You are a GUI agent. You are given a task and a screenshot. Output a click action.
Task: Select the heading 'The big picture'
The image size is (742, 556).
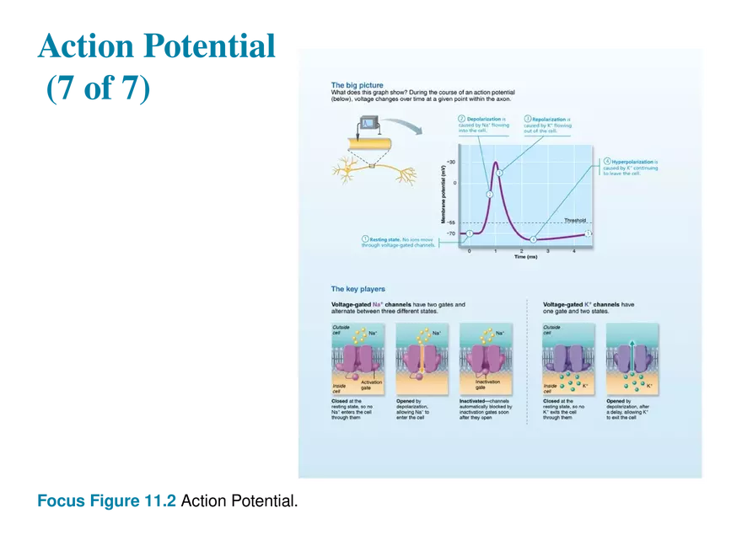[x=357, y=85]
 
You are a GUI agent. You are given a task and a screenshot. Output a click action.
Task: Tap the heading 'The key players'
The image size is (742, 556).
[x=358, y=289]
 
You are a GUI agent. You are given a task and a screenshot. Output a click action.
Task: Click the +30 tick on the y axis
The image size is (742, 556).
[x=451, y=162]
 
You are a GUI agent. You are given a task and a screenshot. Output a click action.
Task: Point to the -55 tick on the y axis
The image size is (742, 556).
[x=451, y=222]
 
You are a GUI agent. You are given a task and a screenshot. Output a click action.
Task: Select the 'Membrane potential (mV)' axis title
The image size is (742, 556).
[x=443, y=195]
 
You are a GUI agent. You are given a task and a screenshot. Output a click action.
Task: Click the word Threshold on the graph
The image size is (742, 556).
[x=575, y=220]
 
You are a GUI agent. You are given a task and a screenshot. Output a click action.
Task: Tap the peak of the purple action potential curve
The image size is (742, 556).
[x=496, y=163]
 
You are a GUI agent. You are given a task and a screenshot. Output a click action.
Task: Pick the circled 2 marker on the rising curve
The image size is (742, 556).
[x=489, y=194]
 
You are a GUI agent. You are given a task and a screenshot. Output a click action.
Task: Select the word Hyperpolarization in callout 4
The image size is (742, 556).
[x=632, y=161]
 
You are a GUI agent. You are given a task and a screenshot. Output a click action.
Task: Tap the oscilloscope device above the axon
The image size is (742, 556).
[x=368, y=127]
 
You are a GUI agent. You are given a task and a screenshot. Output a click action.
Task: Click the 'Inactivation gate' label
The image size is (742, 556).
[x=488, y=384]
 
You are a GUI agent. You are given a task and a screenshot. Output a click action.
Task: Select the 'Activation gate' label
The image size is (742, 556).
[x=372, y=384]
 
